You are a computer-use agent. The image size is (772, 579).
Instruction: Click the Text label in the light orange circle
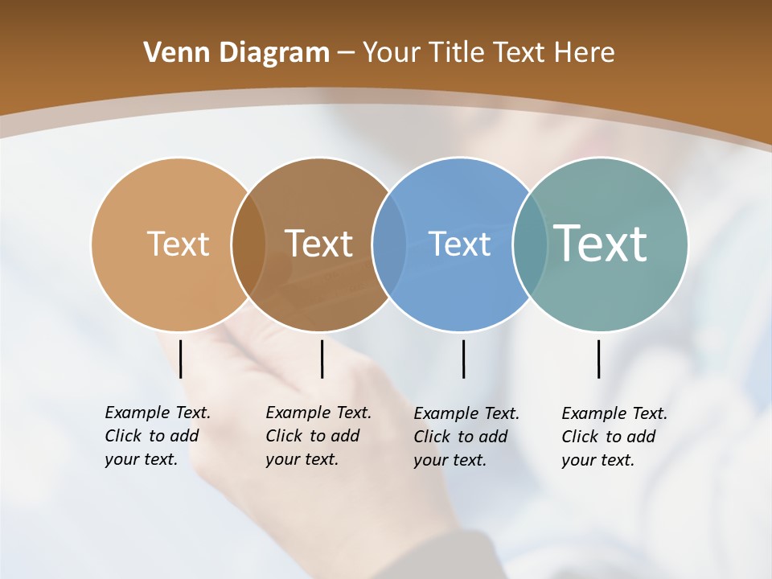point(178,244)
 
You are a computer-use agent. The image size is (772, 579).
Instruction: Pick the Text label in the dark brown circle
point(319,244)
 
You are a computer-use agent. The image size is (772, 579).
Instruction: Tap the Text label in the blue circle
point(459,244)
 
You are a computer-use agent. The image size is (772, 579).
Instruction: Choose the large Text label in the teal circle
point(601,244)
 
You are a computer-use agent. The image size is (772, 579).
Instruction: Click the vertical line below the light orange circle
point(180,359)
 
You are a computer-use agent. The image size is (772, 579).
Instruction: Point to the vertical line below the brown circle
point(322,359)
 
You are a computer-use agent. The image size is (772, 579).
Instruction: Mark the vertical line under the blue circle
point(463,359)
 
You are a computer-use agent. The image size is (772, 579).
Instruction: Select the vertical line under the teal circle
point(598,359)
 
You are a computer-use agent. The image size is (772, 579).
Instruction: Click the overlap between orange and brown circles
point(248,244)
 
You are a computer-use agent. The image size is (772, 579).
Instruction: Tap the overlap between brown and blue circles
point(389,244)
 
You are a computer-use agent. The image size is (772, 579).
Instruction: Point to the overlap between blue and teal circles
point(530,244)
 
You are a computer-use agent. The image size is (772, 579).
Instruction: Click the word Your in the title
point(390,52)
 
